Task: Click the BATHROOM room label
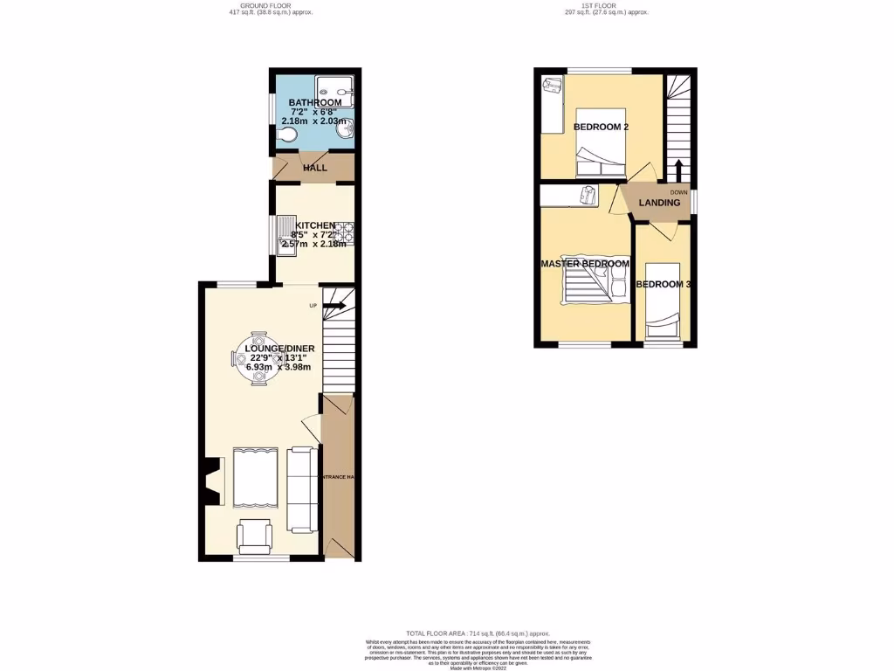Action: pos(315,103)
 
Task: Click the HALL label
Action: pos(314,168)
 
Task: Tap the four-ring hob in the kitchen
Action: pos(347,232)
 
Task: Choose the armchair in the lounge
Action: pos(255,535)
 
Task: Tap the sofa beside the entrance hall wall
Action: pos(302,489)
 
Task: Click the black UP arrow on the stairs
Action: pos(334,306)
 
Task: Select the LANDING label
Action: pos(659,203)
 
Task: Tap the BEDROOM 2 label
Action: pos(601,128)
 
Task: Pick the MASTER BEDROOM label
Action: pos(584,264)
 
